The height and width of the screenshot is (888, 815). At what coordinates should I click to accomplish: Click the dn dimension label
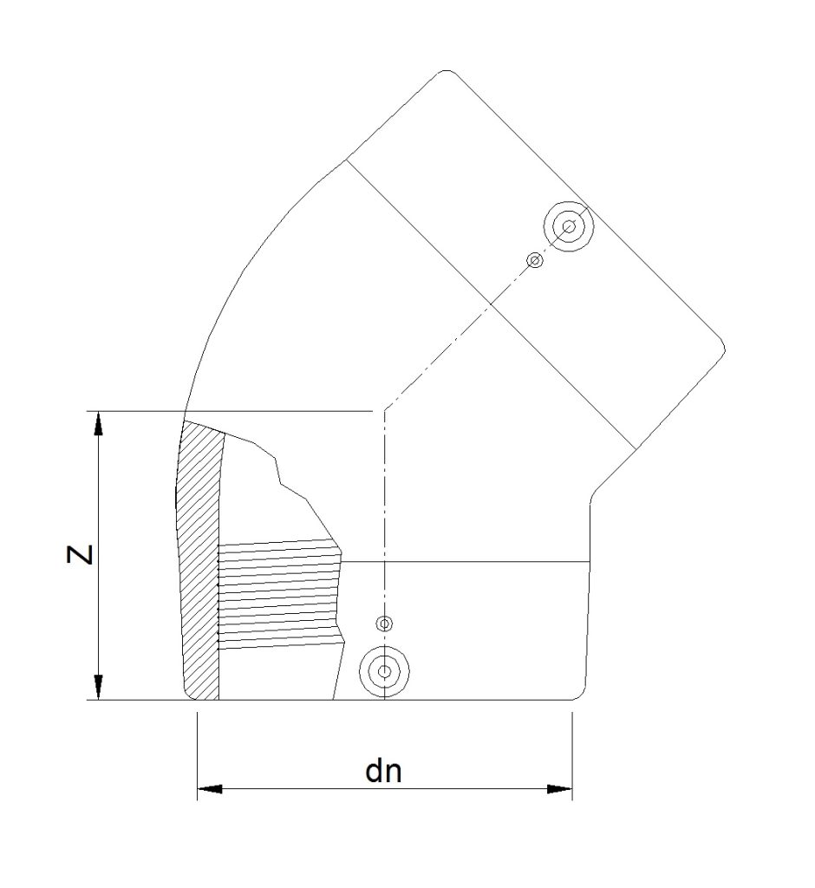(384, 771)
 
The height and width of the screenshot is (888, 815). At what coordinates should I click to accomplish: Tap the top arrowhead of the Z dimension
(100, 422)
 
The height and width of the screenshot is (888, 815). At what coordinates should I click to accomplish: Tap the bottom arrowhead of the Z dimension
(100, 687)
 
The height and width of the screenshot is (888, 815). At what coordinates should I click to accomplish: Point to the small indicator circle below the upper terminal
(535, 260)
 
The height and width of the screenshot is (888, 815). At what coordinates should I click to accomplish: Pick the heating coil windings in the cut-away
(277, 594)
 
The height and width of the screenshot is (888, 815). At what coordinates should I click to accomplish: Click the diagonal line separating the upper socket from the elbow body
(494, 299)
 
